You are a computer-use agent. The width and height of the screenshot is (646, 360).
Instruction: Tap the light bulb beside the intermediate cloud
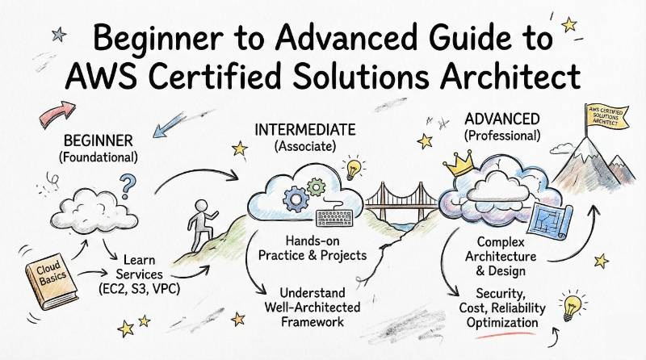(353, 169)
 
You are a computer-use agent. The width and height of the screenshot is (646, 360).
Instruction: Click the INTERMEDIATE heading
(304, 129)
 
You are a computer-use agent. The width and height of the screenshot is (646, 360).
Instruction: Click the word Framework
(305, 322)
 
